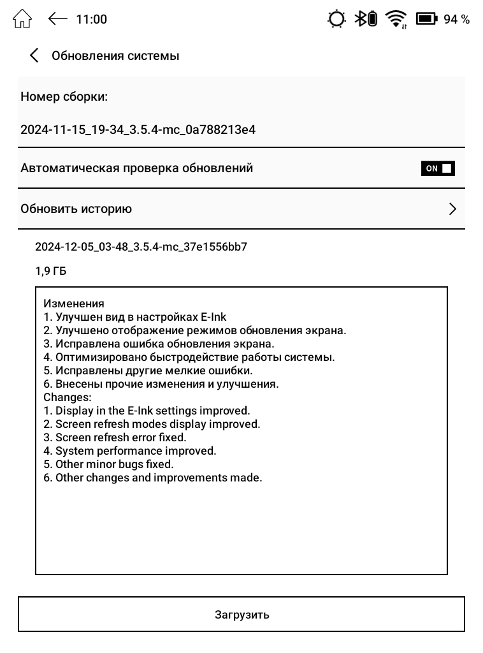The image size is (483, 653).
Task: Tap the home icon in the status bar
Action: point(22,19)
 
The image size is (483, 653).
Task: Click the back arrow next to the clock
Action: point(57,19)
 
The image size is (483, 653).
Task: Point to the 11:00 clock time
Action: point(91,19)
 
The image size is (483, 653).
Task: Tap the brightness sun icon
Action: point(336,19)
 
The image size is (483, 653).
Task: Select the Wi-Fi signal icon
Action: point(397,19)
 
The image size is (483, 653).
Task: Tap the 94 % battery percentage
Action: point(456,19)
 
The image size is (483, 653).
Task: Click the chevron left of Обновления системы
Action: point(34,55)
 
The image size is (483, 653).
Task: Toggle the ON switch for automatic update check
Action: point(438,168)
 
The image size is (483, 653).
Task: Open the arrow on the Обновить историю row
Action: point(452,209)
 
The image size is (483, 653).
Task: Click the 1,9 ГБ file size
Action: point(51,272)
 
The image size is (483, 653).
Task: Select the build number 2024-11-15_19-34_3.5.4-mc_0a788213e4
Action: point(138,130)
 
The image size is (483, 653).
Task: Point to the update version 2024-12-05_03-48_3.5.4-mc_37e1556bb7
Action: point(141,247)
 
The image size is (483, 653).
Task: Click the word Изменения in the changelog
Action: point(73,304)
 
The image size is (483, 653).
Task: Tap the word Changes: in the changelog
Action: point(68,397)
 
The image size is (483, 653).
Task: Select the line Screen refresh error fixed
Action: point(120,437)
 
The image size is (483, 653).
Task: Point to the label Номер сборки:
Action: point(64,97)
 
